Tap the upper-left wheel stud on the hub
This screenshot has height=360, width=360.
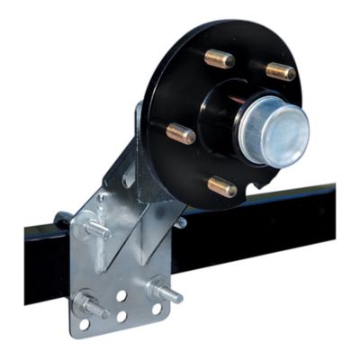pyautogui.click(x=219, y=59)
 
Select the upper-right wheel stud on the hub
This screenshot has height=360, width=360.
pyautogui.click(x=280, y=70)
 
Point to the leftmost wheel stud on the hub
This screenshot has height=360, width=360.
pyautogui.click(x=180, y=133)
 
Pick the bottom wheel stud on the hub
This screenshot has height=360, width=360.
pyautogui.click(x=221, y=187)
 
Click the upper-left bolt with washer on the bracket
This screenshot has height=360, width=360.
pyautogui.click(x=97, y=229)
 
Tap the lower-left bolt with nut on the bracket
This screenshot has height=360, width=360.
pyautogui.click(x=91, y=305)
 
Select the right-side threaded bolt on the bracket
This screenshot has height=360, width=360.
pyautogui.click(x=166, y=292)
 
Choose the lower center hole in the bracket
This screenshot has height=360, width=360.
pyautogui.click(x=121, y=316)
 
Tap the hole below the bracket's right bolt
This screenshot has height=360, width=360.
pyautogui.click(x=157, y=309)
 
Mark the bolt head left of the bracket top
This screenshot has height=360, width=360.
pyautogui.click(x=62, y=219)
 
